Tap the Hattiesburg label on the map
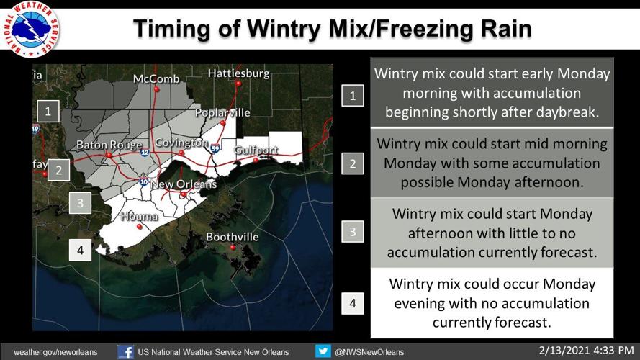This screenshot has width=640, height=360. click(238, 73)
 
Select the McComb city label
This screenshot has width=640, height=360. click(156, 78)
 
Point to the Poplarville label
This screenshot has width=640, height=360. click(222, 112)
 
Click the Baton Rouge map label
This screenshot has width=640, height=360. click(109, 145)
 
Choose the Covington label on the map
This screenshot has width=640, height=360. click(181, 142)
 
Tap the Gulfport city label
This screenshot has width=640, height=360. click(255, 150)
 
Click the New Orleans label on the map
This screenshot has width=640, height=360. click(183, 184)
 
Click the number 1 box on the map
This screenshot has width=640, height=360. click(48, 111)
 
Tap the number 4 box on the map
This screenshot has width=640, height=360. click(80, 250)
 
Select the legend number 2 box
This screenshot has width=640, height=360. click(353, 163)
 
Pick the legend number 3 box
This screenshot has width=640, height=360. click(353, 232)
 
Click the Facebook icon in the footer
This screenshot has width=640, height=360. click(125, 351)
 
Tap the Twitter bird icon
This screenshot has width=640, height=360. click(323, 351)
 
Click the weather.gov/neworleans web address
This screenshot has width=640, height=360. click(55, 352)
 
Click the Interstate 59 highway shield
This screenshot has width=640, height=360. click(215, 149)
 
